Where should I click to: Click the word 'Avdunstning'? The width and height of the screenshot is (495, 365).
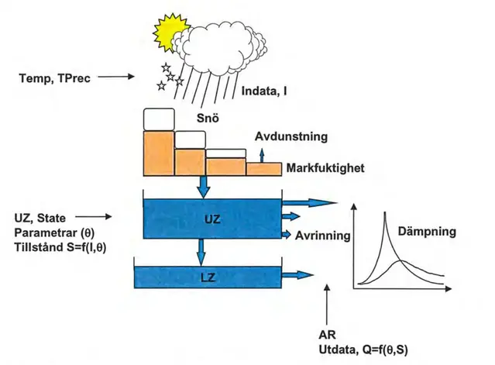290,136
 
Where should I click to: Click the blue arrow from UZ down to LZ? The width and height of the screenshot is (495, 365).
201,250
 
